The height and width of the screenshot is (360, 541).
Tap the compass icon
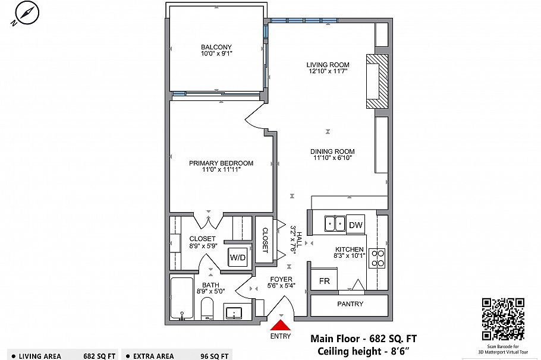tap(24, 14)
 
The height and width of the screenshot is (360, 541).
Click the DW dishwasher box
tap(356, 225)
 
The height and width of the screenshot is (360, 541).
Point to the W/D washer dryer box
tap(238, 258)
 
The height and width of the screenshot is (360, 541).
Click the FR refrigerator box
tap(324, 280)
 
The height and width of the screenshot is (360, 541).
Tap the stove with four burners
tap(377, 258)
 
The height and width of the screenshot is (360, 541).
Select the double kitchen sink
tap(335, 224)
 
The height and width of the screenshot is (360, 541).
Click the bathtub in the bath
tap(181, 299)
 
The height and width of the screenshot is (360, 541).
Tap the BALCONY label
tap(216, 47)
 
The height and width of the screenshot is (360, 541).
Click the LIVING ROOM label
tap(328, 65)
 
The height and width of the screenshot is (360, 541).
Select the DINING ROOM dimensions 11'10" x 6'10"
tap(332, 159)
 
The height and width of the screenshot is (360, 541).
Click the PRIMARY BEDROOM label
tap(221, 163)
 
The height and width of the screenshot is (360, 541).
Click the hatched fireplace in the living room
tap(378, 81)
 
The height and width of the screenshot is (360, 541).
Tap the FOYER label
tap(281, 279)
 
